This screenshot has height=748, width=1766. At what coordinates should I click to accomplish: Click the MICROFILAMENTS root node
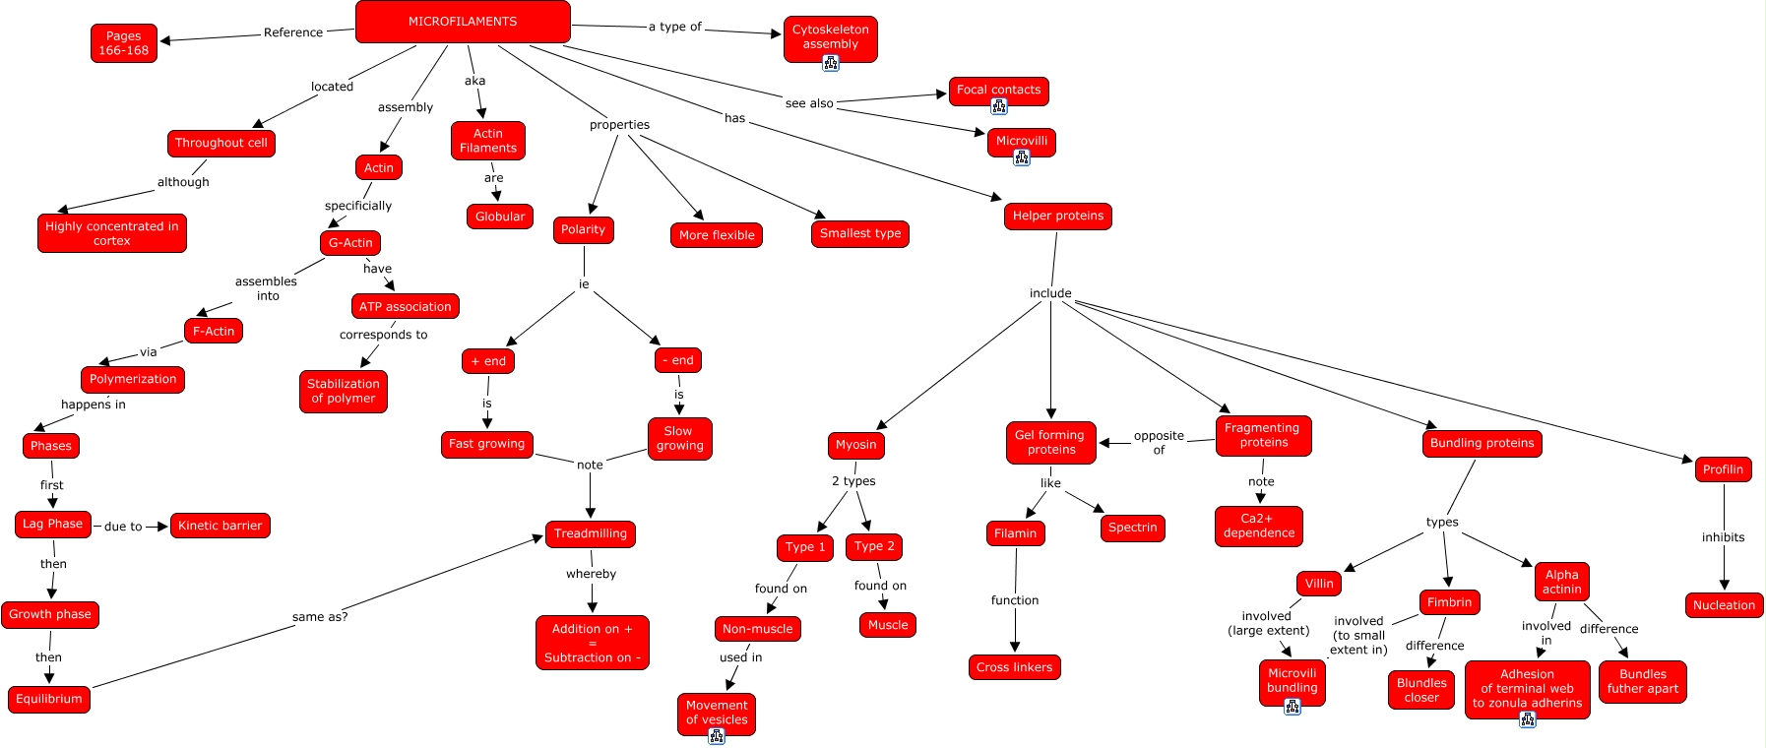[463, 22]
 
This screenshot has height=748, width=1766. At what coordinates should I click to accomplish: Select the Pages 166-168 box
[124, 43]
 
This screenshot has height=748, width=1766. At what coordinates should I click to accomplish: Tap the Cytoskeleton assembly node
[831, 38]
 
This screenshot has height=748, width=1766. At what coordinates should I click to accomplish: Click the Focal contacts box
[999, 91]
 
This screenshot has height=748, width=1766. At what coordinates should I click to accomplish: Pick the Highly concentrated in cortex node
[112, 233]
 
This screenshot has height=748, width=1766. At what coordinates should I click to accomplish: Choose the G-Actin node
[350, 243]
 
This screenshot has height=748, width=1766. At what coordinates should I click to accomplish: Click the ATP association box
[406, 306]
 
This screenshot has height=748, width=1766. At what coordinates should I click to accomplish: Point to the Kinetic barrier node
[221, 526]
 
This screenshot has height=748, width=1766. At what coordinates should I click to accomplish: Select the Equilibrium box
[49, 699]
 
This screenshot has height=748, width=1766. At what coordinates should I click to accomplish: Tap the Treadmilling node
[591, 534]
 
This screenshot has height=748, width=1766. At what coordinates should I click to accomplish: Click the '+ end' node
[488, 361]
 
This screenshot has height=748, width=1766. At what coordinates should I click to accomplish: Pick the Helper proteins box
[1058, 217]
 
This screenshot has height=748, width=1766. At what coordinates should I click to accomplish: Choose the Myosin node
[856, 445]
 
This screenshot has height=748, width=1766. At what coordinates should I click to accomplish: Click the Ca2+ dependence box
[1259, 527]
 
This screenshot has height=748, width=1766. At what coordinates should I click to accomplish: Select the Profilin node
[1724, 469]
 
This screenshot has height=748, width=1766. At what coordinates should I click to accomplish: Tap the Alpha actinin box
[1562, 582]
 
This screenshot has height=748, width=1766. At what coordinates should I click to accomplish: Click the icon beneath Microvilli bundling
[1293, 707]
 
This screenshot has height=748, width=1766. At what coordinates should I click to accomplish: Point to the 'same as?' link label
[320, 617]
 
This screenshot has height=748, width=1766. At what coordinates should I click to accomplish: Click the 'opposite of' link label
[1159, 443]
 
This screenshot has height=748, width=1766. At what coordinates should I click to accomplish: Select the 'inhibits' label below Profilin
[1724, 537]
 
